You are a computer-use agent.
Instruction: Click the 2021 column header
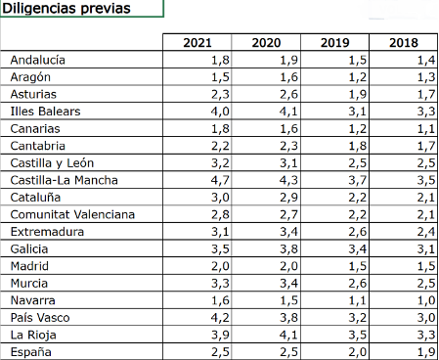pyautogui.click(x=198, y=43)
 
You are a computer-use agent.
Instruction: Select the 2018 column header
pyautogui.click(x=404, y=43)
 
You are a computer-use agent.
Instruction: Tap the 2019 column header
pyautogui.click(x=334, y=43)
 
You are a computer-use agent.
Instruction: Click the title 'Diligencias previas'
pyautogui.click(x=66, y=9)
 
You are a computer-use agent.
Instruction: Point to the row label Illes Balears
pyautogui.click(x=45, y=112)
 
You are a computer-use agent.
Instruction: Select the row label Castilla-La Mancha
pyautogui.click(x=64, y=180)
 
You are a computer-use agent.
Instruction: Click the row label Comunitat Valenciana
pyautogui.click(x=72, y=214)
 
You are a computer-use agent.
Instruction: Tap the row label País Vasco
pyautogui.click(x=40, y=318)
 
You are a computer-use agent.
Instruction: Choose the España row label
pyautogui.click(x=31, y=352)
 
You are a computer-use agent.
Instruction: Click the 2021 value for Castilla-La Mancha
pyautogui.click(x=220, y=180)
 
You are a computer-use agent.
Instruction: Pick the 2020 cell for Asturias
pyautogui.click(x=288, y=94)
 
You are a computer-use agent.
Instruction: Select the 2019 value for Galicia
pyautogui.click(x=358, y=249)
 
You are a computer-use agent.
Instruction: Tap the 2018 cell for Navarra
pyautogui.click(x=426, y=300)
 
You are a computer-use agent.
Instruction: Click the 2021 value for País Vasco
pyautogui.click(x=220, y=318)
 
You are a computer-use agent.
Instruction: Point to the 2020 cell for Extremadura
pyautogui.click(x=288, y=232)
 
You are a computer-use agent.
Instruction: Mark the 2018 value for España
pyautogui.click(x=426, y=352)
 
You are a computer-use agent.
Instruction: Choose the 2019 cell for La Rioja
pyautogui.click(x=358, y=336)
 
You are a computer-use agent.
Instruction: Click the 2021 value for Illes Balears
pyautogui.click(x=220, y=112)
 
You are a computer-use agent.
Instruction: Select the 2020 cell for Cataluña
pyautogui.click(x=288, y=198)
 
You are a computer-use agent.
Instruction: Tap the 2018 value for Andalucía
pyautogui.click(x=426, y=60)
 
